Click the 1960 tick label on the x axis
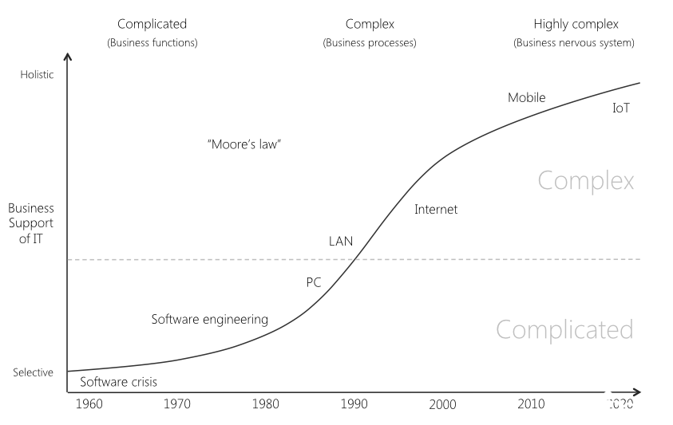[89, 404]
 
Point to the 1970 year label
[177, 404]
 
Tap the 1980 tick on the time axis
[265, 404]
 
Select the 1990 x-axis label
[354, 404]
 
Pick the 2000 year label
[442, 404]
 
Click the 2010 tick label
[531, 404]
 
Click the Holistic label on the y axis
[35, 76]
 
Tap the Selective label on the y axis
[33, 372]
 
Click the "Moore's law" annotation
[244, 144]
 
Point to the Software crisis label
[118, 382]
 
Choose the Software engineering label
[210, 319]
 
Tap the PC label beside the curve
[314, 283]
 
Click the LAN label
[341, 240]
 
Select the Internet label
[436, 210]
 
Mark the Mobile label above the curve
[527, 98]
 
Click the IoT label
[621, 108]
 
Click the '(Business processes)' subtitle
[370, 43]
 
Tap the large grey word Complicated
[564, 329]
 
